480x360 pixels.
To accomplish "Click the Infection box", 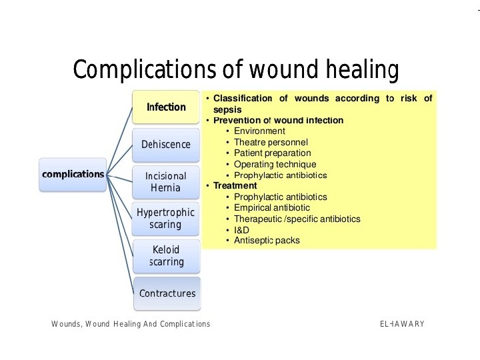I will tap(166, 107).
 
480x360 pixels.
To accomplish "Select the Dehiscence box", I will tap(166, 145).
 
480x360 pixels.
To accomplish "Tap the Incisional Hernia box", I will tap(166, 181).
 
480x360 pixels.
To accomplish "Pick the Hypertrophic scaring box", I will tap(166, 219).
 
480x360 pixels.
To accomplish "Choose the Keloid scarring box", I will tap(166, 255).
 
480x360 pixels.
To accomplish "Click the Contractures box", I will tap(167, 293).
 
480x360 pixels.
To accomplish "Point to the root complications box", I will tap(73, 175).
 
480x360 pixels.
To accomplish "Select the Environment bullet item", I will tap(259, 131).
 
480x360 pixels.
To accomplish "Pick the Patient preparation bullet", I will tap(273, 153).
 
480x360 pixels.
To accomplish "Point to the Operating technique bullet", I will tap(275, 164).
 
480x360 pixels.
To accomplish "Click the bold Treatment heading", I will tap(235, 186).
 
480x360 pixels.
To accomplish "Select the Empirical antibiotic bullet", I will tap(271, 208).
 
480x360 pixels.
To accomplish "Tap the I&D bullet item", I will tap(241, 230).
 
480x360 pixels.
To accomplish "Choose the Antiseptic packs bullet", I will tap(267, 241).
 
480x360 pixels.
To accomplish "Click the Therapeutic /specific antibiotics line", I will tap(297, 219).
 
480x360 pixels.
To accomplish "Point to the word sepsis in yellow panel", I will tap(227, 109).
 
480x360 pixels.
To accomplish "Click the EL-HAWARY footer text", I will tap(402, 324).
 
